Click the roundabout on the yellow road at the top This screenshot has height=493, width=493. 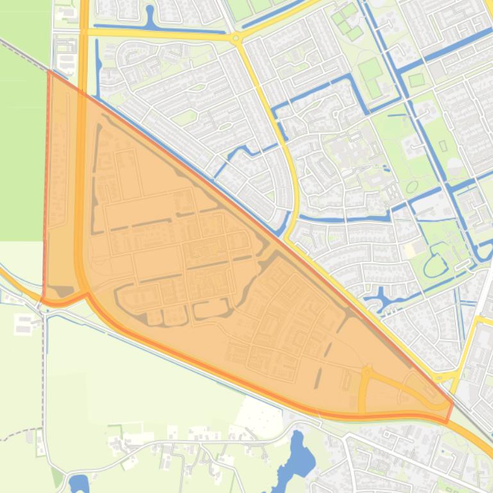click(237, 38)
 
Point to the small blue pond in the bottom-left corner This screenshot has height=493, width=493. click(78, 482)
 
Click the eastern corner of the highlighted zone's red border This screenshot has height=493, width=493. click(453, 403)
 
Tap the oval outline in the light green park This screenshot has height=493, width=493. click(412, 186)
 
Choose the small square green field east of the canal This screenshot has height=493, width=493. click(416, 80)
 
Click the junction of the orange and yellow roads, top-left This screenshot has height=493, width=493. click(84, 31)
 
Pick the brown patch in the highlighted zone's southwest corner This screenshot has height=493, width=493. click(64, 292)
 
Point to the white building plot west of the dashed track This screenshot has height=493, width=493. click(23, 324)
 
